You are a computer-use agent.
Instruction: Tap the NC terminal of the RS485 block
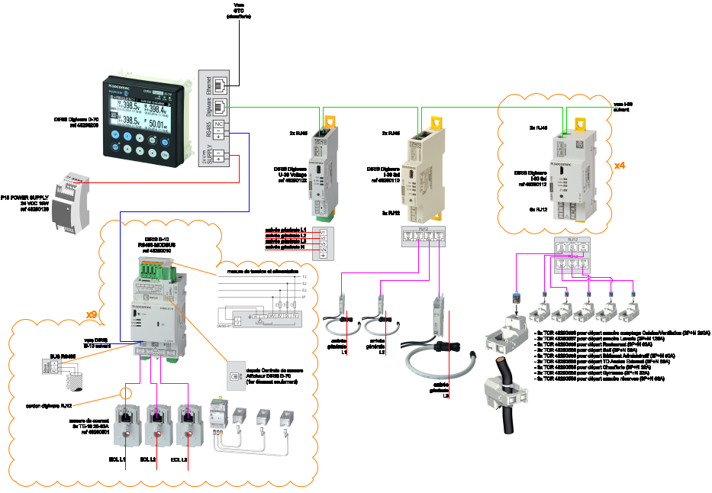pyautogui.click(x=218, y=124)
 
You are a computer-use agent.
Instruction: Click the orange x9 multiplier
pyautogui.click(x=91, y=314)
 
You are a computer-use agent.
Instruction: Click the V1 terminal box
pyautogui.click(x=324, y=231)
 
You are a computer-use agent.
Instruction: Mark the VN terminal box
pyautogui.click(x=324, y=251)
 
